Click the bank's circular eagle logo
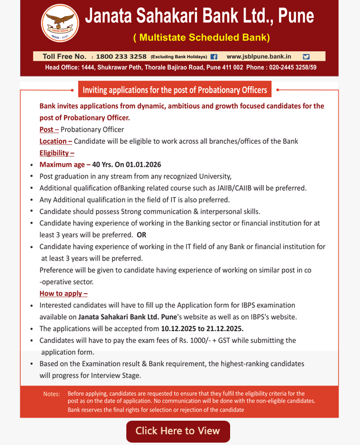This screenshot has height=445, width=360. tap(60, 27)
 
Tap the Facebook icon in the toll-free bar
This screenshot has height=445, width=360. tap(214, 56)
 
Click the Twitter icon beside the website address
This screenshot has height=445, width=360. tap(306, 56)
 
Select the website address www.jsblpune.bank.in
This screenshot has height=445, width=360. tap(259, 56)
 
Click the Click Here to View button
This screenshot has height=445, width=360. tap(178, 431)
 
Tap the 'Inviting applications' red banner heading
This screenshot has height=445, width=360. tap(175, 90)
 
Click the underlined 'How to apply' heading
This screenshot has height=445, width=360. tap(63, 293)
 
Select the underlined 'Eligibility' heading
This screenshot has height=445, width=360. tap(57, 152)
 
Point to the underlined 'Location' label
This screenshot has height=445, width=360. tap(55, 141)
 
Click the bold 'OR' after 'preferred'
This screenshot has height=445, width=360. tap(141, 234)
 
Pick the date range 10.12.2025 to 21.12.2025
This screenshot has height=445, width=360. tap(202, 328)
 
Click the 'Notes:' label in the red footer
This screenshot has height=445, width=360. tap(52, 394)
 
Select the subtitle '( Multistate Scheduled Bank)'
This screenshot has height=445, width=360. tap(201, 38)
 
